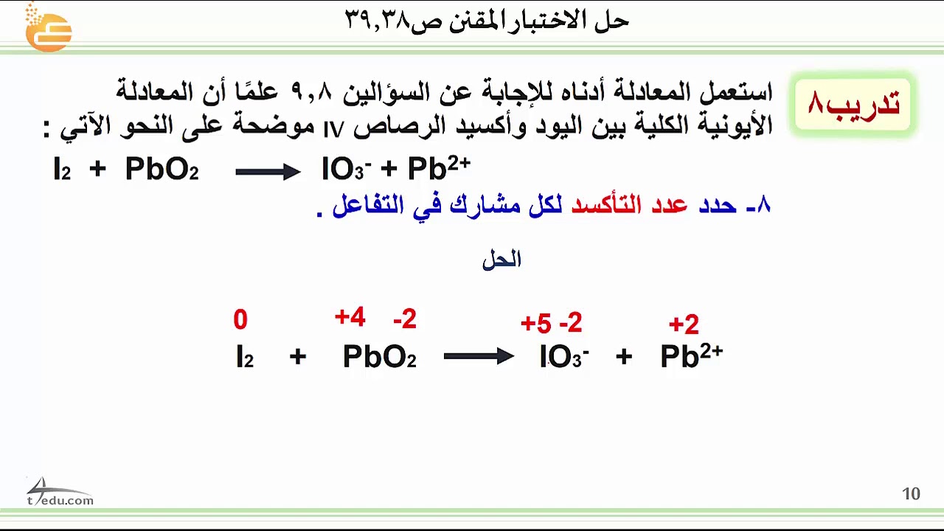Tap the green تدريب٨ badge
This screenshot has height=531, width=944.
click(853, 104)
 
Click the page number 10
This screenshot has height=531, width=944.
click(911, 494)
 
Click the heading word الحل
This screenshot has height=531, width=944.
click(502, 260)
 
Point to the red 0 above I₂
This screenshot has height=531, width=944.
click(240, 320)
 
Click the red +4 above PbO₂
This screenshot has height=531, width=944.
click(350, 318)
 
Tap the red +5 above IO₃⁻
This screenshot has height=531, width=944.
click(535, 323)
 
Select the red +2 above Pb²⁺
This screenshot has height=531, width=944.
click(684, 324)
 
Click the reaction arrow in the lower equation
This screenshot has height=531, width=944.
click(479, 357)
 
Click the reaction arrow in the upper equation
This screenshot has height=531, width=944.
click(268, 172)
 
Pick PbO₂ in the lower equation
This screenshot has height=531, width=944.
click(379, 357)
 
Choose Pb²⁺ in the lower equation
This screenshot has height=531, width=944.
click(691, 355)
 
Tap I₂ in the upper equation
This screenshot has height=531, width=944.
click(62, 170)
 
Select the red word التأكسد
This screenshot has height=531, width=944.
click(606, 205)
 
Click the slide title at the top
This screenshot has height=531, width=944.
click(487, 21)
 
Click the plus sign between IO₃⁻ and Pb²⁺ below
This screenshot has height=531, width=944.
click(624, 357)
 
